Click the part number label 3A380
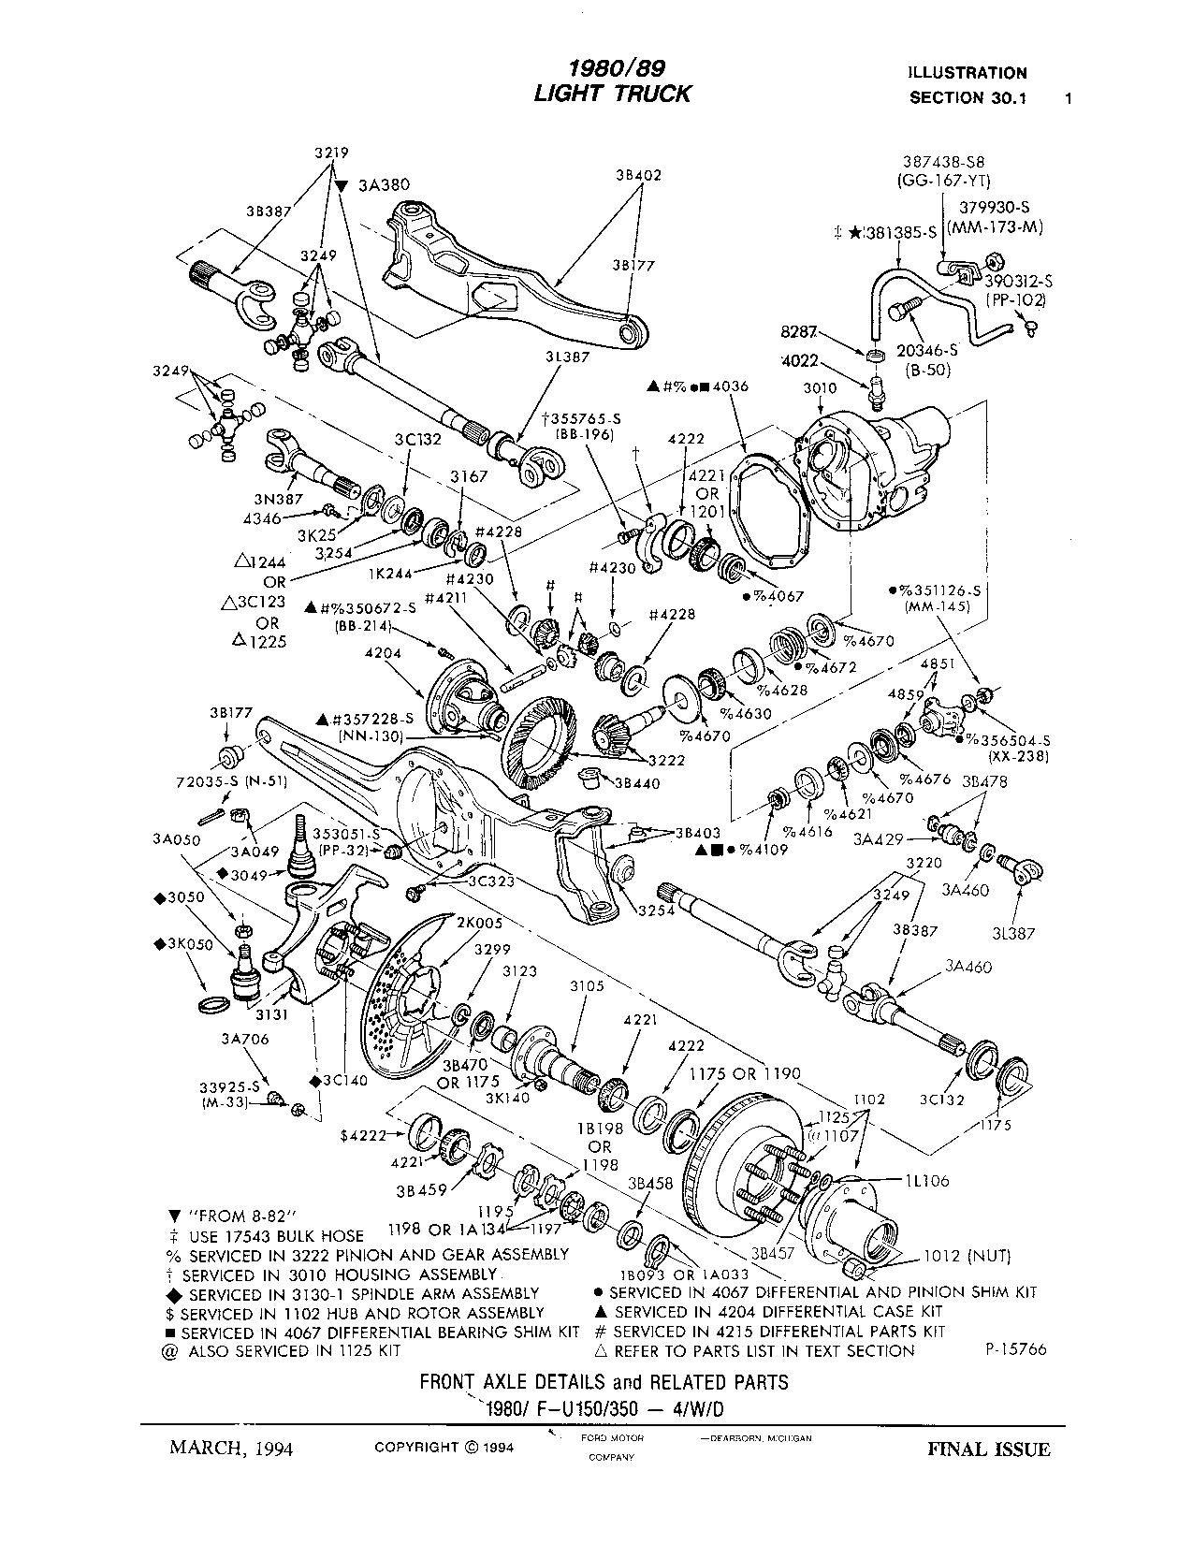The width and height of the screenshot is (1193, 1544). tap(385, 185)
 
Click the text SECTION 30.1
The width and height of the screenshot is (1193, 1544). tap(967, 98)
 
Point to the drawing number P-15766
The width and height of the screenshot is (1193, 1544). tap(1014, 1349)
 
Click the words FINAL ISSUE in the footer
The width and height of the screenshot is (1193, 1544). tap(988, 1449)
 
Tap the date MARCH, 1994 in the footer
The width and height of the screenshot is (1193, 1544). tap(230, 1449)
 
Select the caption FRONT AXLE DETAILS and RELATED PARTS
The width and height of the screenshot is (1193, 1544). tap(604, 1381)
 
